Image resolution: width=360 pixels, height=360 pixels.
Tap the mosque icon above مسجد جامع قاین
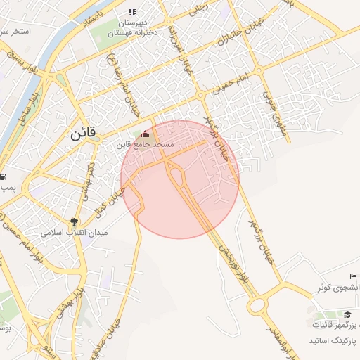[146, 134]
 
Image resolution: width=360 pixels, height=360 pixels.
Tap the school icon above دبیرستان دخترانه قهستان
[131, 12]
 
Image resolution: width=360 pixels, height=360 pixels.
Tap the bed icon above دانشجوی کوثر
[353, 277]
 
